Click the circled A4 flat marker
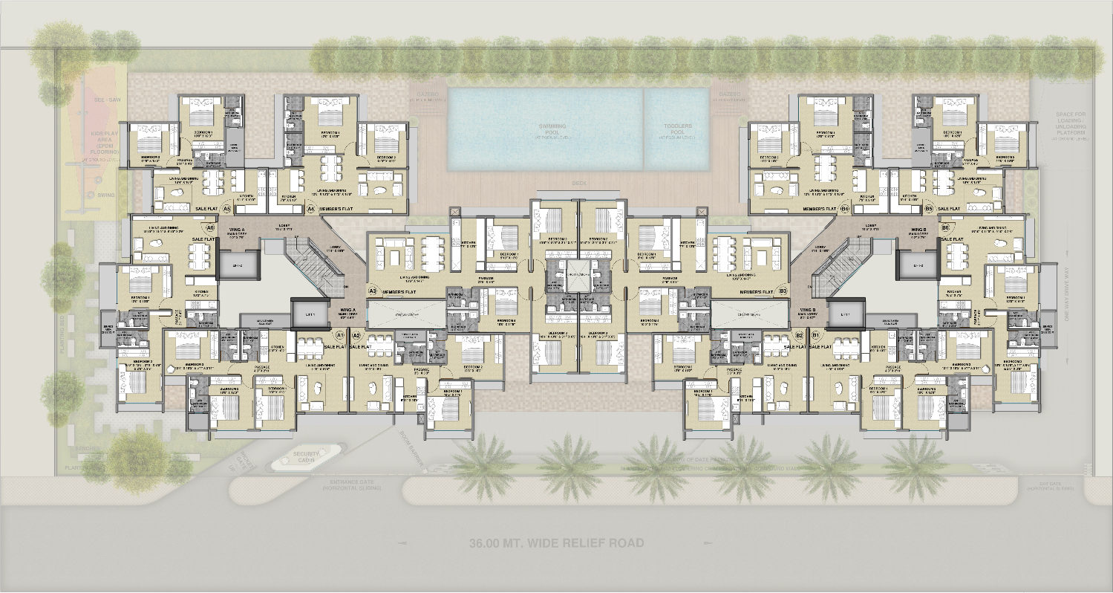coord(311,210)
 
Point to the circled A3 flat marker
coord(373,291)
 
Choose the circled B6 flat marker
coord(945,227)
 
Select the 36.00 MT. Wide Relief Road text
coord(556,543)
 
